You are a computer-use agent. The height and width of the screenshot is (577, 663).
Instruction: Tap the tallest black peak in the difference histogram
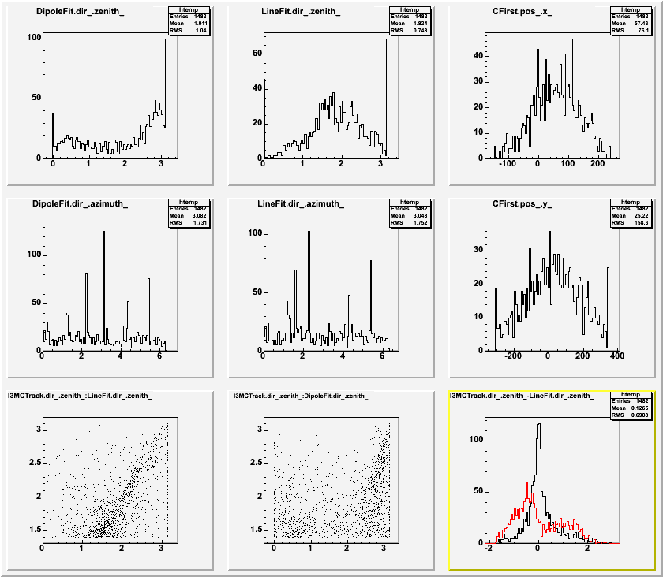click(x=538, y=426)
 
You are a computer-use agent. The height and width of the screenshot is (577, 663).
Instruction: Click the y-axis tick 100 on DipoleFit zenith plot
click(x=34, y=38)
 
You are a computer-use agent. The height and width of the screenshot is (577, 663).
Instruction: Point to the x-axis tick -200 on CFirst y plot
click(x=512, y=356)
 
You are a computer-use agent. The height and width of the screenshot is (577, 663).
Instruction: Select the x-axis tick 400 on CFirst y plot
click(x=615, y=356)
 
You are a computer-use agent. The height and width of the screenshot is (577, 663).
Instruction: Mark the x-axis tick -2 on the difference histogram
click(x=490, y=549)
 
